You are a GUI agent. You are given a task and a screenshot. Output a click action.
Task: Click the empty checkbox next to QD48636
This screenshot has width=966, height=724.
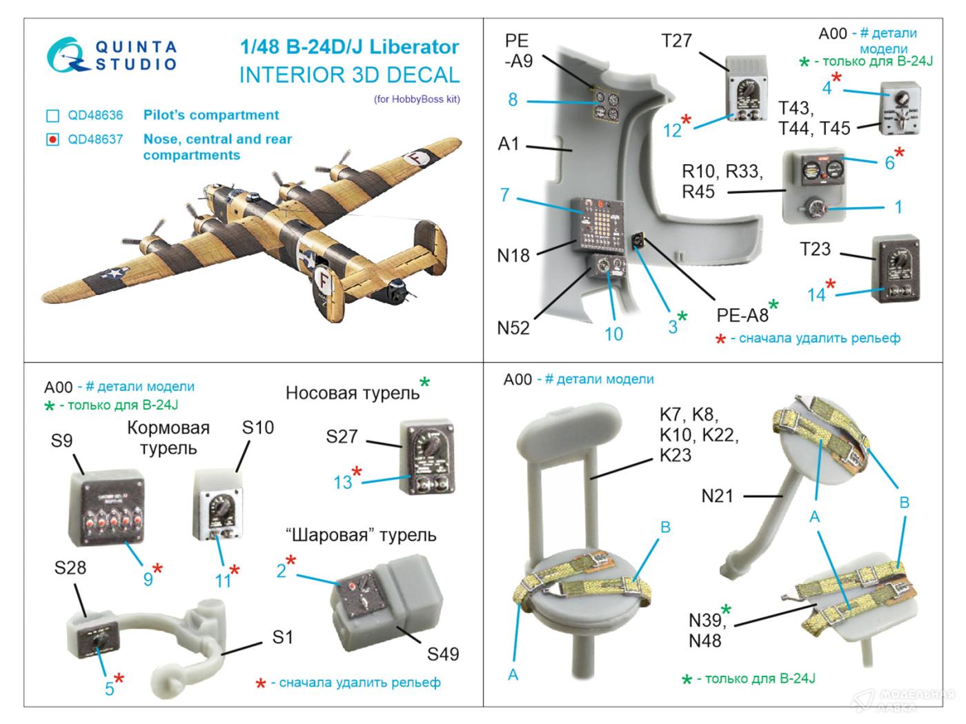coord(52,116)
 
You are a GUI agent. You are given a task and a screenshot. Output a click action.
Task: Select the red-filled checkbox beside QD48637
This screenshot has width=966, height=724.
coord(52,140)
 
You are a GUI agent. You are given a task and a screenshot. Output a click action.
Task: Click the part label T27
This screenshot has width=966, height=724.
coord(676,41)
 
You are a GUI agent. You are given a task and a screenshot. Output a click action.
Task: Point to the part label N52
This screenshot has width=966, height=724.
coord(513,328)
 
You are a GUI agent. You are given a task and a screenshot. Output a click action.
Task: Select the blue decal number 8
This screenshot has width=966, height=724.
coord(513,99)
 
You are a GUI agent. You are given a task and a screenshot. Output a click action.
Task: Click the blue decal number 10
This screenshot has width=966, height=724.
coord(613,334)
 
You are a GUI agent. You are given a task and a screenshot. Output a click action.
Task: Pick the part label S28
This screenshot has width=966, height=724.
coord(70,567)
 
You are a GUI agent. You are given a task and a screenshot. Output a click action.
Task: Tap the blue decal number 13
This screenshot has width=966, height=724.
coord(343,482)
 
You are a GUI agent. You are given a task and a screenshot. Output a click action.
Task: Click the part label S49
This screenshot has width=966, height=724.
coord(442,654)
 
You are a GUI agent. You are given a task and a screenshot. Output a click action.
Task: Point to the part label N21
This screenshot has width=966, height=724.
coord(717,495)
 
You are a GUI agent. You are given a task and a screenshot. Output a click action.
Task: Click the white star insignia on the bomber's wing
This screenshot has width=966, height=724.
coord(110,274)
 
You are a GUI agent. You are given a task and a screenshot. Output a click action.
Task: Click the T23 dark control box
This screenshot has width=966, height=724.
coord(896,270)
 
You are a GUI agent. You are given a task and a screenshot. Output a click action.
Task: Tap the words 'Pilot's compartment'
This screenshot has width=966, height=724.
coord(211,115)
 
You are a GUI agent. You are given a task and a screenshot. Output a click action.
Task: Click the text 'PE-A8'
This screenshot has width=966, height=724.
coord(742,315)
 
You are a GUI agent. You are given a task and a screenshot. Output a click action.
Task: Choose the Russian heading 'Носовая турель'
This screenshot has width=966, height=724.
coord(352,393)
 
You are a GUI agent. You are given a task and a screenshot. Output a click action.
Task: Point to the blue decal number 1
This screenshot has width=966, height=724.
coord(898,207)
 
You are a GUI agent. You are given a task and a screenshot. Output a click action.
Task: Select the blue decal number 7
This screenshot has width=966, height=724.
coord(505,195)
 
